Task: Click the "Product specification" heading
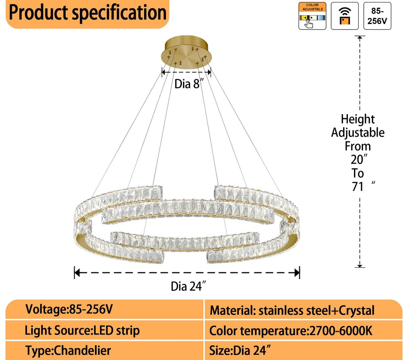pyautogui.click(x=87, y=13)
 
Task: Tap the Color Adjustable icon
pyautogui.click(x=312, y=16)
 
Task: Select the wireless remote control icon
pyautogui.click(x=344, y=16)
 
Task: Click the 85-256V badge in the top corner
pyautogui.click(x=377, y=16)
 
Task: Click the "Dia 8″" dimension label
pyautogui.click(x=189, y=84)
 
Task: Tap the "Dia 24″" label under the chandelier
pyautogui.click(x=188, y=286)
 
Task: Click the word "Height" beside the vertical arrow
pyautogui.click(x=358, y=119)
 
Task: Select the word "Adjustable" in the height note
pyautogui.click(x=358, y=132)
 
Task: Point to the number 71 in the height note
pyautogui.click(x=358, y=186)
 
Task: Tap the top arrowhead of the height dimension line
pyautogui.click(x=360, y=38)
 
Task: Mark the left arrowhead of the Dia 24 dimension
pyautogui.click(x=77, y=272)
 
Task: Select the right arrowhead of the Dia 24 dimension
pyautogui.click(x=297, y=272)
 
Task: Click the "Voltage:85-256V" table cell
pyautogui.click(x=69, y=309)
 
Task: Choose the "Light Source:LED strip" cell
pyautogui.click(x=82, y=330)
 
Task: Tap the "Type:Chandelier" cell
pyautogui.click(x=68, y=350)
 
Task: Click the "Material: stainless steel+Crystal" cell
pyautogui.click(x=292, y=310)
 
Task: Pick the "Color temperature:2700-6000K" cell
pyautogui.click(x=291, y=330)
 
